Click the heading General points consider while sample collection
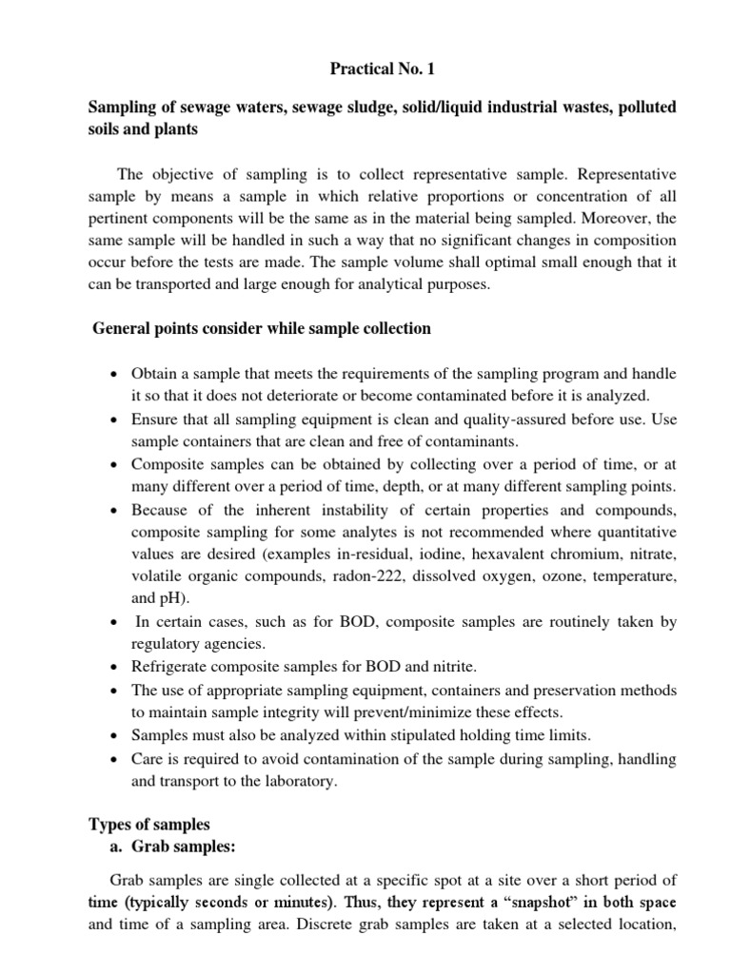(262, 328)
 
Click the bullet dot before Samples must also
(114, 736)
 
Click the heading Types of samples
(149, 824)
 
